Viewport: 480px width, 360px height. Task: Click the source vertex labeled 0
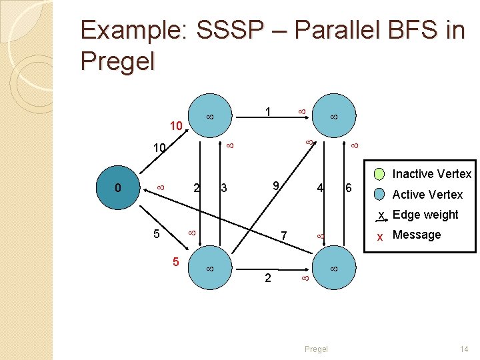[x=118, y=188]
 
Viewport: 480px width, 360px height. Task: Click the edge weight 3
[x=224, y=189]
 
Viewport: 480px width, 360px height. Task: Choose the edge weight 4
[x=321, y=188]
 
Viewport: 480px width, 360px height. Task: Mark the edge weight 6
[x=347, y=188]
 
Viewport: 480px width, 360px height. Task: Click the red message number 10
[x=176, y=125]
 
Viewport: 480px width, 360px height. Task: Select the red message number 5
[x=177, y=262]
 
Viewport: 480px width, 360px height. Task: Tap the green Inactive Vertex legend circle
[x=379, y=175]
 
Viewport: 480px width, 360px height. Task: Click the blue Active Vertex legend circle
[x=379, y=195]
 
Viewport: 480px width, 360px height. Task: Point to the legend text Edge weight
[x=425, y=215]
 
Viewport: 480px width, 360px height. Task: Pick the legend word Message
[x=417, y=235]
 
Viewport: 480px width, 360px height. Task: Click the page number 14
[x=465, y=349]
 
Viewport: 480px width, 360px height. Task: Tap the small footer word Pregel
[x=316, y=349]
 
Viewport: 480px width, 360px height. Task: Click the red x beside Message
[x=379, y=235]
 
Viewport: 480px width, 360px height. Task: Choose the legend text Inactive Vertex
[x=431, y=175]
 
